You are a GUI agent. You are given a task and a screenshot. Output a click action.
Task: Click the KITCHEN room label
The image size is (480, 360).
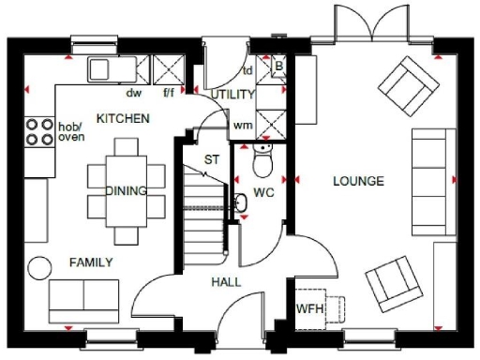pos(123,119)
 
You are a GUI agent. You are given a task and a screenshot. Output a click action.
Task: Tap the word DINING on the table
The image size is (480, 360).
pos(126,191)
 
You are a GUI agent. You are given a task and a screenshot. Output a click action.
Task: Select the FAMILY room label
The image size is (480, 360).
pos(90,262)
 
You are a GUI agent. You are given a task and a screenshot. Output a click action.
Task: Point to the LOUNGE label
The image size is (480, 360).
pos(357,181)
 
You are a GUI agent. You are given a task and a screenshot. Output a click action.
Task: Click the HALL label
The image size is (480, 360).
pos(226,281)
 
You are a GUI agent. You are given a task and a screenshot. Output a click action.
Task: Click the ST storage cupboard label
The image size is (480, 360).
pos(212,160)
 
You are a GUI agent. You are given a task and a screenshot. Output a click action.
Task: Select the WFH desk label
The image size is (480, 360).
pos(309,308)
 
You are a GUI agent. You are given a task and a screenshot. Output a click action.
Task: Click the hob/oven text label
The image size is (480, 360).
pos(71,132)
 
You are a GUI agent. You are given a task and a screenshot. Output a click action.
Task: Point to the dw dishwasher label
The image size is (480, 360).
pos(133,93)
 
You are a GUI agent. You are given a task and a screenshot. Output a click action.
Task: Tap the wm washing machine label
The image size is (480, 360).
pos(242,125)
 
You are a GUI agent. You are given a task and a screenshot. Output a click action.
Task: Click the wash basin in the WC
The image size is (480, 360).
pos(238,201)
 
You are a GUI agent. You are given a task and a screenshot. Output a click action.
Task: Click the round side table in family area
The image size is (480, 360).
pos(37,266)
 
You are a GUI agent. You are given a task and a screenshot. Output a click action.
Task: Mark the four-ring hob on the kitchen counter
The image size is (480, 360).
pos(39,131)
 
